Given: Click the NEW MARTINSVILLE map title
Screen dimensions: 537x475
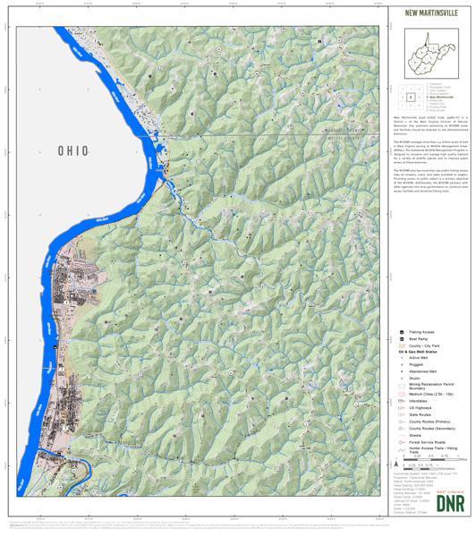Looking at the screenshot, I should tap(429, 13).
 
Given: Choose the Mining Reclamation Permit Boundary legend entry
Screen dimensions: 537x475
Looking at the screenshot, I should tap(427, 387).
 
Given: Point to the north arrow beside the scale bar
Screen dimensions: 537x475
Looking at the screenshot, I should tap(394, 465).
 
